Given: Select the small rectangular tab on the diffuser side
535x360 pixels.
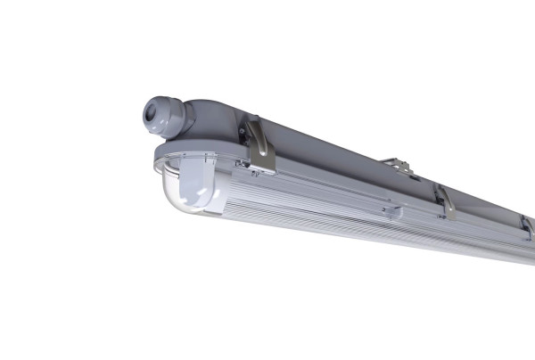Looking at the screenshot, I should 390,212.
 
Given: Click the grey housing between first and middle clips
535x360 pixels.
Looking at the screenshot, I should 348,165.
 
